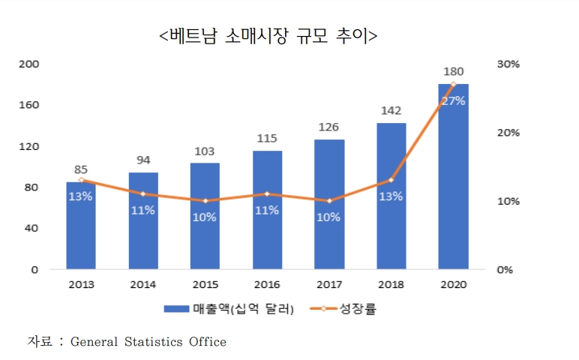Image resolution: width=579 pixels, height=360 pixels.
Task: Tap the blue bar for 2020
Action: pos(453,187)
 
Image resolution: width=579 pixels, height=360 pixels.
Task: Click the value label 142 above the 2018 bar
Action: pos(391,111)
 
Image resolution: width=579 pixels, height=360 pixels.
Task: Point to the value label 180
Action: pos(453,72)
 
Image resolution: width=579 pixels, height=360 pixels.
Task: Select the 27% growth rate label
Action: pos(453,100)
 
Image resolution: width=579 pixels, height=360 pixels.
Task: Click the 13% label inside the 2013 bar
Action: pos(81,196)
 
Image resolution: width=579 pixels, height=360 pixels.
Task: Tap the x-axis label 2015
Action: pos(205,284)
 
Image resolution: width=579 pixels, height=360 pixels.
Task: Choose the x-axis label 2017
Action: pos(328,284)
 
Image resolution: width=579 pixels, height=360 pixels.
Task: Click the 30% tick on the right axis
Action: pos(508,64)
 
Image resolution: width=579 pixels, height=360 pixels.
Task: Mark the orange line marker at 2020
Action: pos(453,84)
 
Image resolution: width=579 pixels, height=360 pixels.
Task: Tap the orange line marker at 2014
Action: pos(143,193)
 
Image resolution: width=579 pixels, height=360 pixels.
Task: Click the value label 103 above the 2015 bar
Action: pos(205,151)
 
